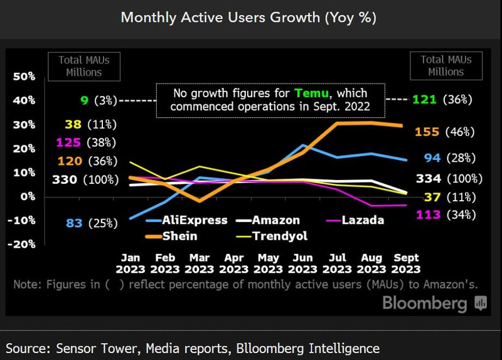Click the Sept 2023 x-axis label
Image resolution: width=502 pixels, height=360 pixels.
(405, 263)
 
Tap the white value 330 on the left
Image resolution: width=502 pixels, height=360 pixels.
(65, 180)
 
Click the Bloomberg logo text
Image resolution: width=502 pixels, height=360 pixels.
(425, 304)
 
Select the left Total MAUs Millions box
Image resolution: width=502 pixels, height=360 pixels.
(83, 66)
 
